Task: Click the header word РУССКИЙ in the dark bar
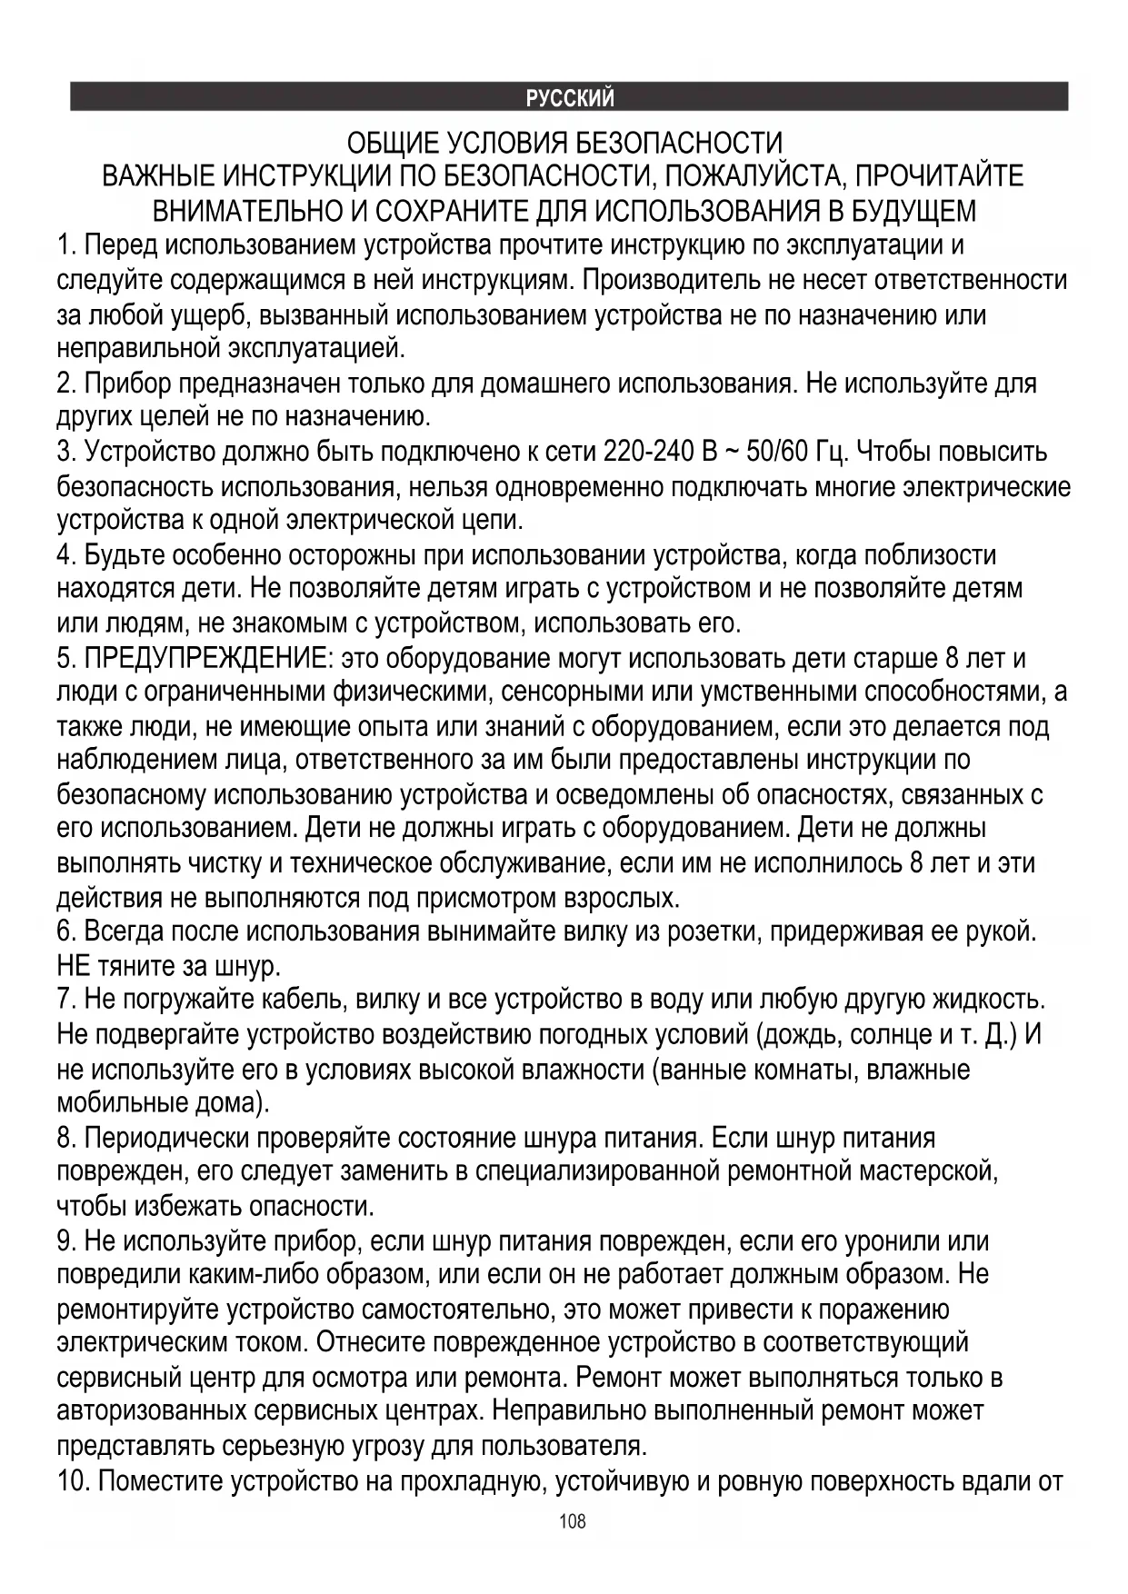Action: pos(570,97)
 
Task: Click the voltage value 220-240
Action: pos(648,452)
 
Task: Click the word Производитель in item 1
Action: pos(673,280)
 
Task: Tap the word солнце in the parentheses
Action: pos(894,1034)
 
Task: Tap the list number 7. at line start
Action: pos(66,1000)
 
